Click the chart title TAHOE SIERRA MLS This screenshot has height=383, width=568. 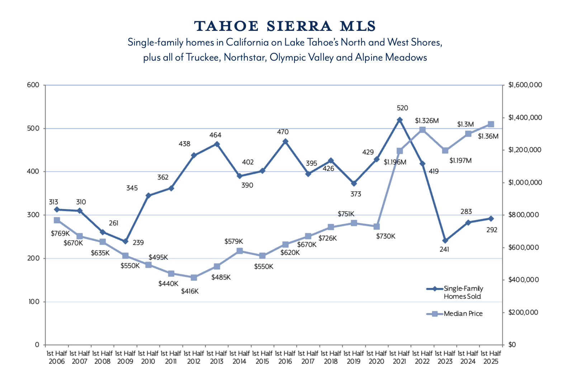285,26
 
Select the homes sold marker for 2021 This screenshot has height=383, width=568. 399,120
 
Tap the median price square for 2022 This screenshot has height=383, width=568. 422,130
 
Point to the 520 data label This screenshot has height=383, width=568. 402,108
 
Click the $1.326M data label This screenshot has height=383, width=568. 427,120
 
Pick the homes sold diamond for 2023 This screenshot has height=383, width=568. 445,241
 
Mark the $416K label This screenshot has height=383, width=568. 190,291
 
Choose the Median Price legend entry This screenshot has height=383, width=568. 463,314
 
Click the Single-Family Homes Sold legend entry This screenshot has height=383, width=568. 463,292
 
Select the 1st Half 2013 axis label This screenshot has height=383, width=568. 217,357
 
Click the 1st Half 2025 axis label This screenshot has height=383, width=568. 491,357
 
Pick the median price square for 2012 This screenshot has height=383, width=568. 194,278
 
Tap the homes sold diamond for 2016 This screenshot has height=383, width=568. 285,142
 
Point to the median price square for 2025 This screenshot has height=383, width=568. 491,124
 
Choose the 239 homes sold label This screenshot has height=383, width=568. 138,243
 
